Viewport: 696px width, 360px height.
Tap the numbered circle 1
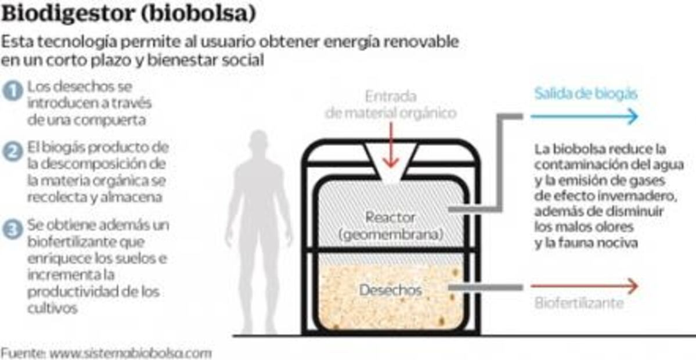click(12, 90)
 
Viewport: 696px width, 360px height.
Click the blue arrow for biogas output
click(584, 117)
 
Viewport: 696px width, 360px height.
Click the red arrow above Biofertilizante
click(584, 286)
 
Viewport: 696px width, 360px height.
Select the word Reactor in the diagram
click(390, 218)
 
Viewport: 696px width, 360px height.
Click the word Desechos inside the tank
click(390, 289)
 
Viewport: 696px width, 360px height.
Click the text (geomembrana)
click(390, 235)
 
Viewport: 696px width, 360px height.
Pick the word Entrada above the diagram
click(390, 96)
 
